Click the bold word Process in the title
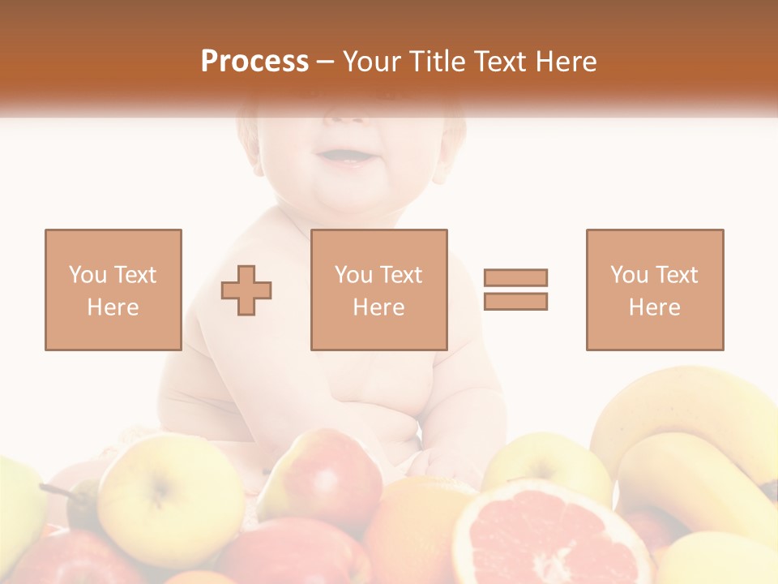[254, 62]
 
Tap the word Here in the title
[565, 62]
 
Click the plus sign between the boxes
[246, 290]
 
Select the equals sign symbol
[515, 290]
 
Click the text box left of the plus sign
[113, 290]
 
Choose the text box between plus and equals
[378, 290]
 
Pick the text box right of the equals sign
[654, 290]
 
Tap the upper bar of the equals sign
[515, 277]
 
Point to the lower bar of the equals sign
[515, 301]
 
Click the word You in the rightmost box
[628, 275]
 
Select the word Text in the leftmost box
[135, 275]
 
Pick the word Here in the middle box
[378, 307]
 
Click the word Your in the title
[374, 62]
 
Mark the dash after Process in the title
[325, 62]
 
